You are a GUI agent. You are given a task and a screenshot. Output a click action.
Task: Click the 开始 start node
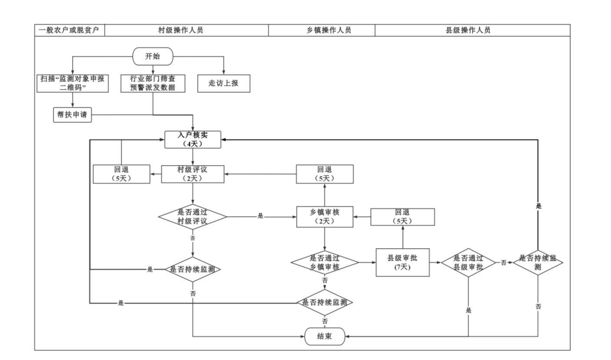click(153, 57)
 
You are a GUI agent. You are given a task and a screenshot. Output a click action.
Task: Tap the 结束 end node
click(325, 337)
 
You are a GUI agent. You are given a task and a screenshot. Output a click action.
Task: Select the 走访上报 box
click(224, 83)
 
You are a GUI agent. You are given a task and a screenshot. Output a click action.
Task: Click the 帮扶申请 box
click(72, 114)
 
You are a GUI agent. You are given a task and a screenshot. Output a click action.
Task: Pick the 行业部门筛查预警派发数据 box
click(153, 83)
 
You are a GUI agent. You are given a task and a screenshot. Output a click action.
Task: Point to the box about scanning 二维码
click(72, 83)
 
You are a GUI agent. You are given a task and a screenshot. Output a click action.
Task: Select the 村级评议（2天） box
click(193, 174)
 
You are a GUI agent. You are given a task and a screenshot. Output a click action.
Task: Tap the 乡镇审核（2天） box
click(325, 217)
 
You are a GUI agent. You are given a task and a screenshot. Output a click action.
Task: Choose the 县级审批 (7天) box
click(403, 262)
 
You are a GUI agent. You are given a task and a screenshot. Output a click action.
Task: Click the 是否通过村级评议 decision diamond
click(193, 217)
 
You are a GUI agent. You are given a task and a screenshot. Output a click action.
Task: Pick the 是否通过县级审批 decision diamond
click(468, 262)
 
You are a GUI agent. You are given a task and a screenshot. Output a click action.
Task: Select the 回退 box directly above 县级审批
click(403, 217)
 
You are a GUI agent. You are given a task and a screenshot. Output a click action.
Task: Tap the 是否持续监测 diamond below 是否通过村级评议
click(193, 269)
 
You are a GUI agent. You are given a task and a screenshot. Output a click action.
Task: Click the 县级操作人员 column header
click(468, 30)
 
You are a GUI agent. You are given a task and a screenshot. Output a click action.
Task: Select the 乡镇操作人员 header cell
click(325, 30)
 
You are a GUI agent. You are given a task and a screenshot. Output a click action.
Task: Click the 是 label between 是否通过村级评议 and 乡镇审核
click(261, 216)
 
